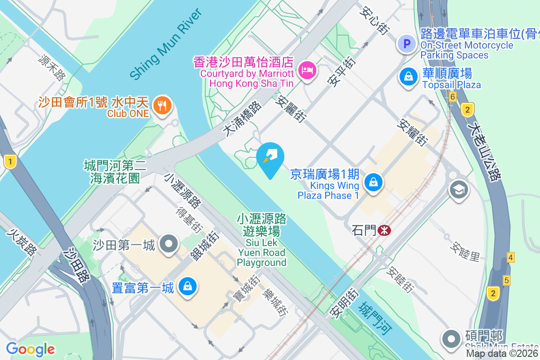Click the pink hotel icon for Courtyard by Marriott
307,70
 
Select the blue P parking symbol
407,44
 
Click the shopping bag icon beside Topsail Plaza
408,76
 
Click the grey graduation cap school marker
459,189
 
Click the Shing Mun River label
165,45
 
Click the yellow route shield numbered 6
453,97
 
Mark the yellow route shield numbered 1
9,161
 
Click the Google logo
31,349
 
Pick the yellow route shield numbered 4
510,257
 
